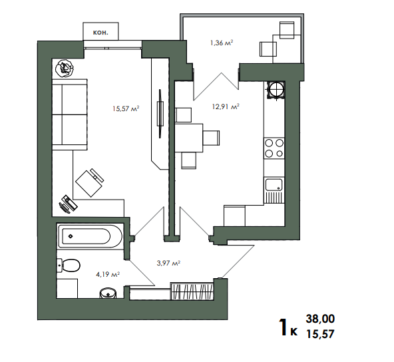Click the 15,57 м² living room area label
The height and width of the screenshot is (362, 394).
(x=126, y=108)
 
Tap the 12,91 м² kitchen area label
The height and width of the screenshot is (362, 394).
(x=226, y=106)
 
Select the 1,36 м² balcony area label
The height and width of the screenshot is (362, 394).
(x=222, y=43)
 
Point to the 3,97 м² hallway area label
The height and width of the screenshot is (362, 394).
(x=168, y=263)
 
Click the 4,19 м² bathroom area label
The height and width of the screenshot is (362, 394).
(x=108, y=274)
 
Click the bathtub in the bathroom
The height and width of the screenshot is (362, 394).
(x=91, y=236)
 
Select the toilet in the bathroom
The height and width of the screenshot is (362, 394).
(x=69, y=266)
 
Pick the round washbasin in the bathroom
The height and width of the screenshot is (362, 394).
(x=108, y=293)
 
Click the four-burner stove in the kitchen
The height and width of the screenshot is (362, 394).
(x=274, y=148)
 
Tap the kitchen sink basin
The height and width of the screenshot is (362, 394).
(x=274, y=185)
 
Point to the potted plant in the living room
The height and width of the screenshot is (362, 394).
(x=65, y=68)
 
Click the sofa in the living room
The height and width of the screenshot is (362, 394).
(x=70, y=114)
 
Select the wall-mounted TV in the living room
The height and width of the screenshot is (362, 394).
(x=160, y=114)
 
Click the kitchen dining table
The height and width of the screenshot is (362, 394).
(x=189, y=138)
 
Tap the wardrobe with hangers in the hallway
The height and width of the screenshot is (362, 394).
(x=192, y=291)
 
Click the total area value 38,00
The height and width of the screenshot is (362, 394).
(x=320, y=319)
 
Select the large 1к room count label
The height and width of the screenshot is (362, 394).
(x=288, y=327)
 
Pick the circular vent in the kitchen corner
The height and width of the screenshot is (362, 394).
(x=276, y=89)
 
